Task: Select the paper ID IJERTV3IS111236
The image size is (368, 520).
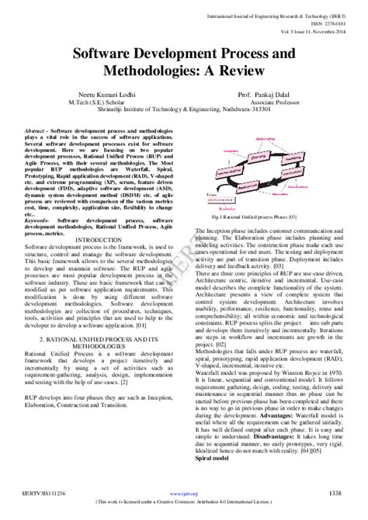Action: tap(45, 494)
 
